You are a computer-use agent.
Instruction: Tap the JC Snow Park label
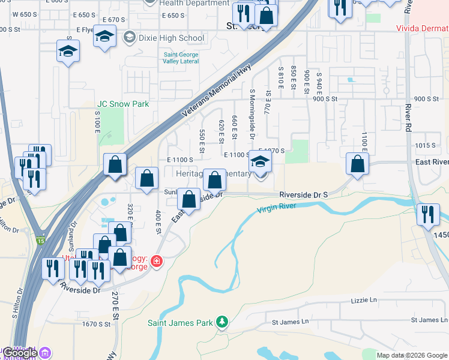tap(123, 104)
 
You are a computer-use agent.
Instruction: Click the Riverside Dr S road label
tap(304, 195)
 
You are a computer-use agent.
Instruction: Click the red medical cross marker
tap(157, 262)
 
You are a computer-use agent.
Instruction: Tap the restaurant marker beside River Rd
tap(427, 215)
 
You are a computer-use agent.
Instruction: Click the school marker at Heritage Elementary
tap(260, 163)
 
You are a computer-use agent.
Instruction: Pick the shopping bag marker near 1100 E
tap(358, 164)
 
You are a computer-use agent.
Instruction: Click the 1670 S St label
tap(97, 324)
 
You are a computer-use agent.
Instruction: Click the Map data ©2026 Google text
tap(411, 355)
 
